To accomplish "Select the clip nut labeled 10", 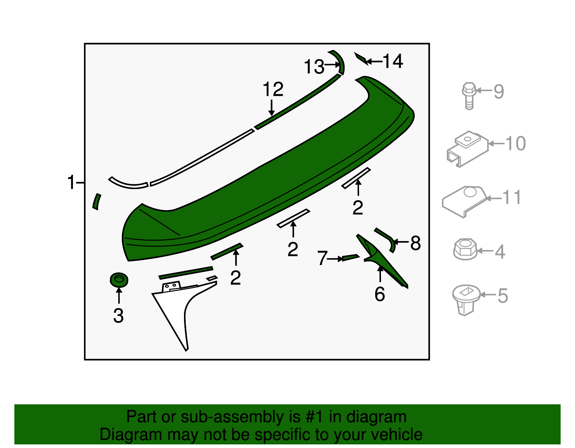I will click(466, 149).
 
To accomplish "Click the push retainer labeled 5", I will click(466, 300).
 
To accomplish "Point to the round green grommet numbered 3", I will click(119, 280).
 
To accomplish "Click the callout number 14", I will click(393, 61).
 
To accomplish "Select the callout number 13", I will click(314, 67).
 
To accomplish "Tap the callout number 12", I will click(273, 89).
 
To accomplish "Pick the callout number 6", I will click(379, 294).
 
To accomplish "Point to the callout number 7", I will click(322, 258).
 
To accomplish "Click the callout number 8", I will click(415, 243).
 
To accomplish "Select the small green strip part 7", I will click(350, 258).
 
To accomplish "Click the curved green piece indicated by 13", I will click(340, 61).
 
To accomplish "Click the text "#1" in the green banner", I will click(314, 417).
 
